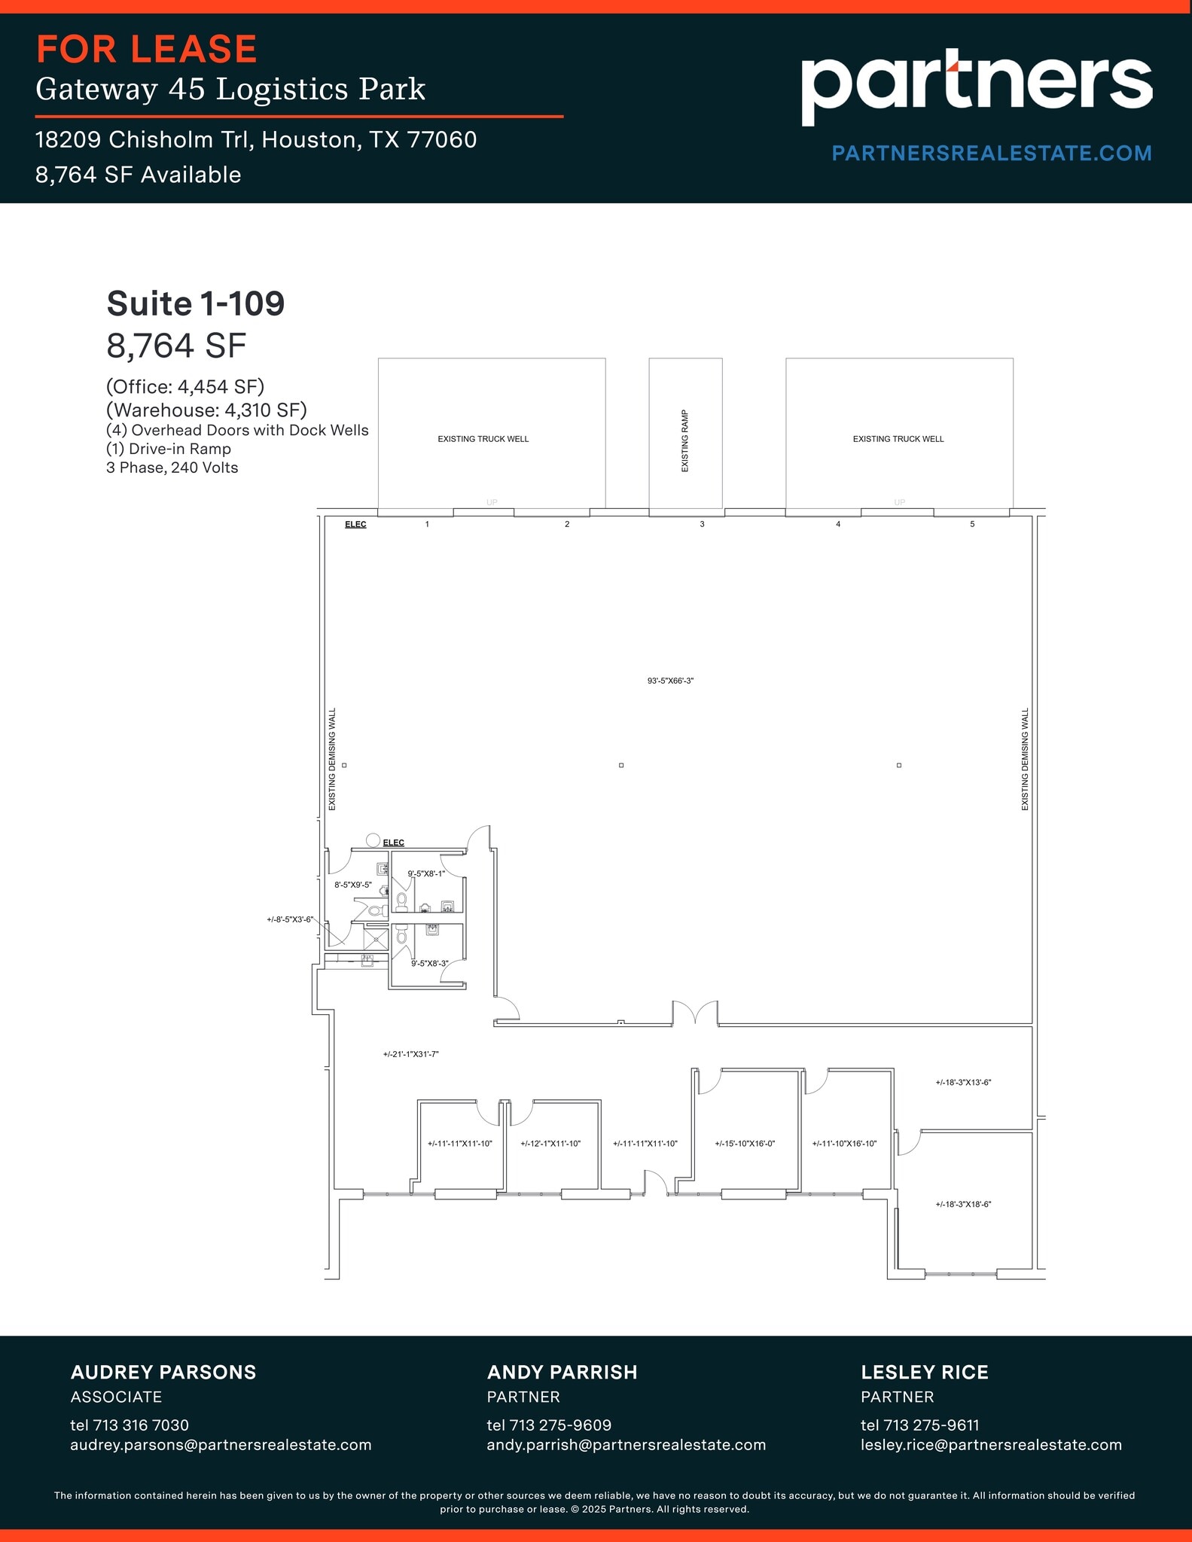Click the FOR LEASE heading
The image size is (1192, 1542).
click(x=147, y=50)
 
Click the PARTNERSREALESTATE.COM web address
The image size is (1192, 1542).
click(x=991, y=154)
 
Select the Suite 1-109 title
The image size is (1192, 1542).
click(x=196, y=304)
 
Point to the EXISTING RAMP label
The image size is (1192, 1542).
click(x=685, y=441)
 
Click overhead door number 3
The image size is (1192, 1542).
click(x=702, y=524)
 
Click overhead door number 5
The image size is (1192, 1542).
click(x=972, y=524)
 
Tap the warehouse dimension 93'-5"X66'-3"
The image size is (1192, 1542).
click(x=670, y=681)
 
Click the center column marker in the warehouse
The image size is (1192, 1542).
click(x=621, y=765)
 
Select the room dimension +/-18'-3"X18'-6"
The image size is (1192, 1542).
click(x=963, y=1205)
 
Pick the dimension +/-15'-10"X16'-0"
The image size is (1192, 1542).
click(x=745, y=1144)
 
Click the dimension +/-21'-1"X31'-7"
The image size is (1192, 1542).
click(x=410, y=1054)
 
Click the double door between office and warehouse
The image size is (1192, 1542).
click(x=695, y=1014)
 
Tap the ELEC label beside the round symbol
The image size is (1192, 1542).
click(x=393, y=843)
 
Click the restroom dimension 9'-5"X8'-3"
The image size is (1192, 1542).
click(x=429, y=964)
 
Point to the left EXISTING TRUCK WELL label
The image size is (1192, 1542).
click(x=483, y=439)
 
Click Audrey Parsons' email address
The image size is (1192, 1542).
click(x=221, y=1445)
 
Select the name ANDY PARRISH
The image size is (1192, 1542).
click(x=562, y=1373)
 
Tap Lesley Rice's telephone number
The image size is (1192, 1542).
click(x=919, y=1425)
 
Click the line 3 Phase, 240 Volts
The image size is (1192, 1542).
click(x=172, y=468)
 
